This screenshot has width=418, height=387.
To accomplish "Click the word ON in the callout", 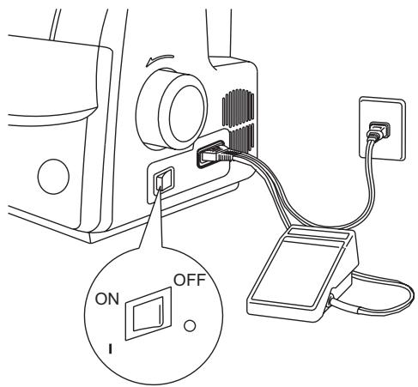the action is coord(106,299).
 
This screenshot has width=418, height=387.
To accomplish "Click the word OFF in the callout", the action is coord(190,280).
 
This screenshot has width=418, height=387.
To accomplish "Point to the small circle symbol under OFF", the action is coord(190,325).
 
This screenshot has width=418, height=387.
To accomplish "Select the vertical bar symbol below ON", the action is coord(110,349).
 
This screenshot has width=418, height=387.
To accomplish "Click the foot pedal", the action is coord(302,274).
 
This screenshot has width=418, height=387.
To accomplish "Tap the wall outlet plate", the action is coord(383,129).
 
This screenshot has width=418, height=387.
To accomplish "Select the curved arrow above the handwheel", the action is coord(159,59).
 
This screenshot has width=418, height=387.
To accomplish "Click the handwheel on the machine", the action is coord(171,110).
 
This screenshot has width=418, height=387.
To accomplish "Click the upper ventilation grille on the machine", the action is coord(238,108).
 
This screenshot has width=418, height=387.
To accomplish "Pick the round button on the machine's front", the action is coord(53,176).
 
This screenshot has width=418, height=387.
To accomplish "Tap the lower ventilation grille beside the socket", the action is coord(242,137).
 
